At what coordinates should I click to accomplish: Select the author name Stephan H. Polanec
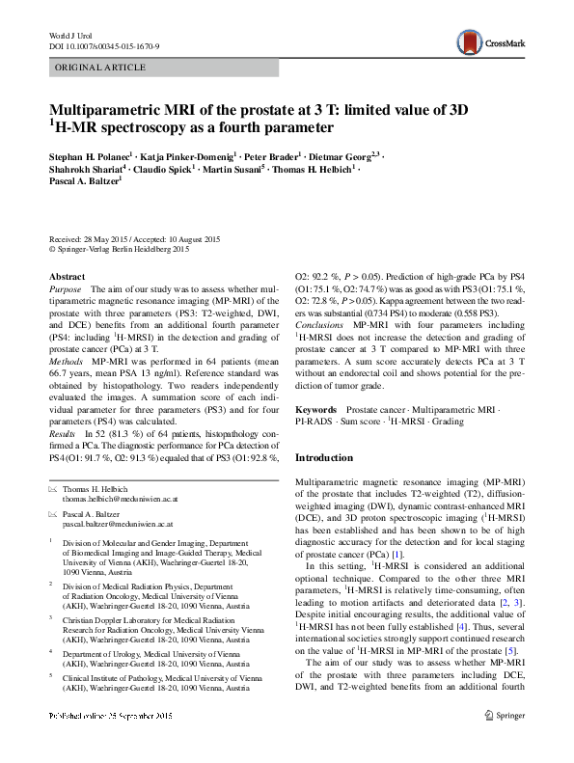pos(92,153)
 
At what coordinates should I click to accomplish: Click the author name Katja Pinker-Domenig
pos(189,153)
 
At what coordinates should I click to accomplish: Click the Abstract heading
pos(67,275)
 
